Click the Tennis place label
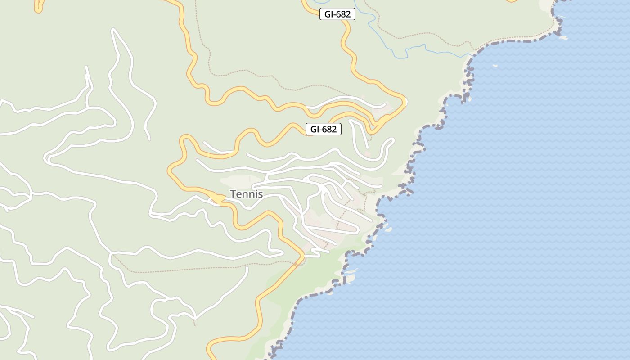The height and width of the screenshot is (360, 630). (x=246, y=194)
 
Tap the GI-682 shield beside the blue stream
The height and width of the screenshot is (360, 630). (x=337, y=14)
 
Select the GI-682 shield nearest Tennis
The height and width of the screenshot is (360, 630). (x=323, y=129)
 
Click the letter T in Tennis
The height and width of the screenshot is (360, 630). (x=233, y=194)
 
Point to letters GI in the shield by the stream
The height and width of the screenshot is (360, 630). (x=328, y=14)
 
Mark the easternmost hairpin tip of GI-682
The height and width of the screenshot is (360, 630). (x=405, y=102)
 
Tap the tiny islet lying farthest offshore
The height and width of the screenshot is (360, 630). (x=495, y=66)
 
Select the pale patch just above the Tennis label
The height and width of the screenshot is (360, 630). (x=234, y=181)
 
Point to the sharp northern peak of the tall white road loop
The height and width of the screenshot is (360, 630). (x=113, y=30)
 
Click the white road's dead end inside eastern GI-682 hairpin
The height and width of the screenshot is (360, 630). (x=385, y=104)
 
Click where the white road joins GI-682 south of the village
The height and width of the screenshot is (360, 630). (x=302, y=256)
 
